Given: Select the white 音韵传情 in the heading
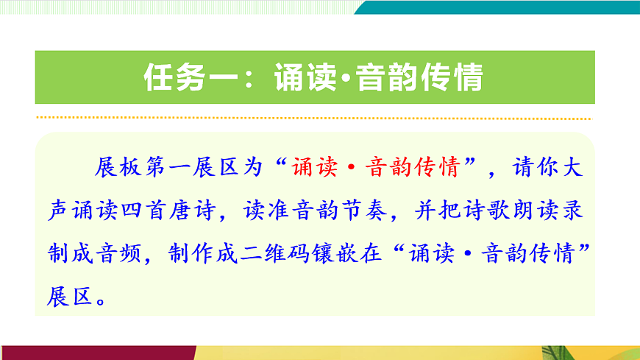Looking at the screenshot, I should click(x=419, y=77).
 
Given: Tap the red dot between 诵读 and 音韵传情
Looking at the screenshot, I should click(x=352, y=169).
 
